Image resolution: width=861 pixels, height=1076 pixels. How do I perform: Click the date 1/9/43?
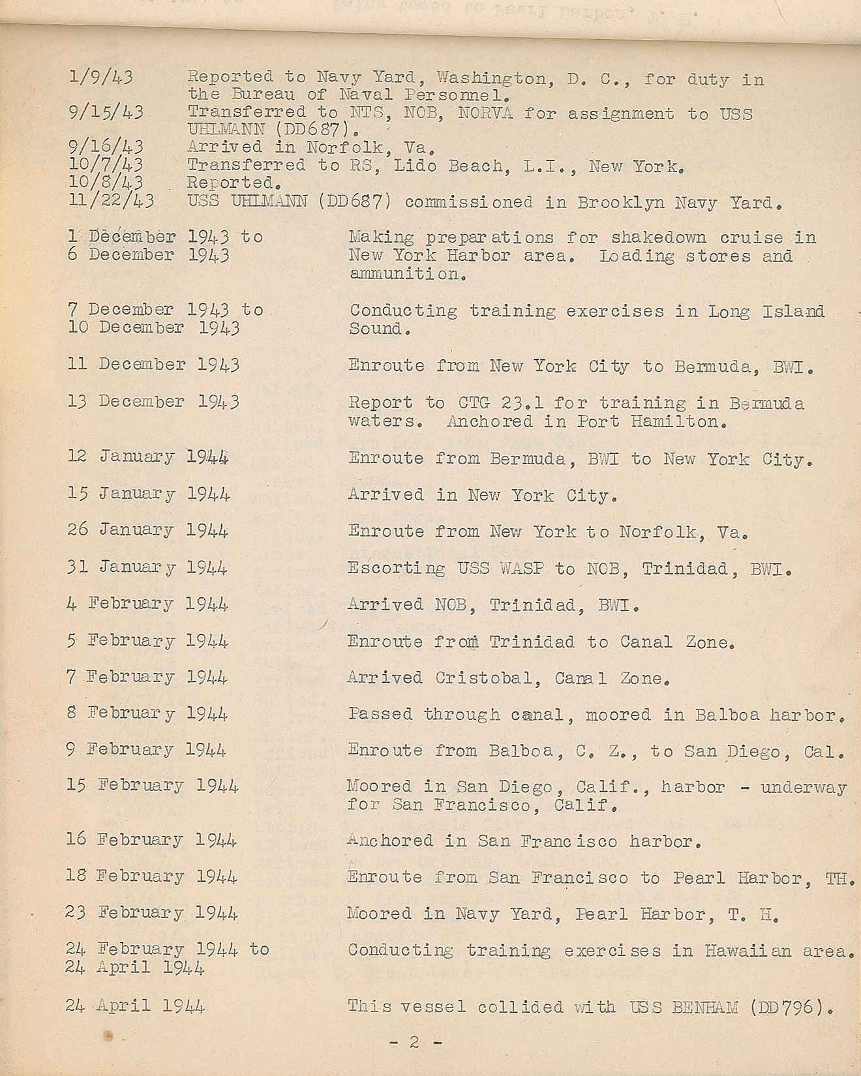point(101,77)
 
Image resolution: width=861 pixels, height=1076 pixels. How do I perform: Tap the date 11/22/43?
point(112,200)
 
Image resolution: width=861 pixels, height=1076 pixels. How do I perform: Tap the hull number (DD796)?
point(792,1007)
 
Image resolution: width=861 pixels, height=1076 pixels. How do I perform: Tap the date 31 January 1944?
point(147,567)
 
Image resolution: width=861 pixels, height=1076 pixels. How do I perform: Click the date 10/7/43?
point(106,164)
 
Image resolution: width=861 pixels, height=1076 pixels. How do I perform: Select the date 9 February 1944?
point(146,750)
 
